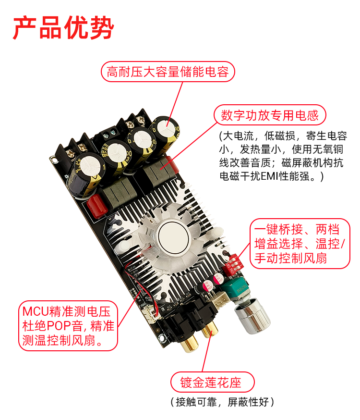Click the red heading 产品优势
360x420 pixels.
tap(63, 28)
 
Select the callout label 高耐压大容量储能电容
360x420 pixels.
tap(168, 72)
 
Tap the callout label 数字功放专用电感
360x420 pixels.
tap(270, 115)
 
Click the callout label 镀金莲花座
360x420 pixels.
tap(212, 382)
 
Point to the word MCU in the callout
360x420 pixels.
tap(36, 311)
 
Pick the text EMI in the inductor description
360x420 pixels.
tap(269, 176)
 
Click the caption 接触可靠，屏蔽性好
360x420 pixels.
tap(222, 402)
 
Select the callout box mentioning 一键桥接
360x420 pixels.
tap(300, 244)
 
